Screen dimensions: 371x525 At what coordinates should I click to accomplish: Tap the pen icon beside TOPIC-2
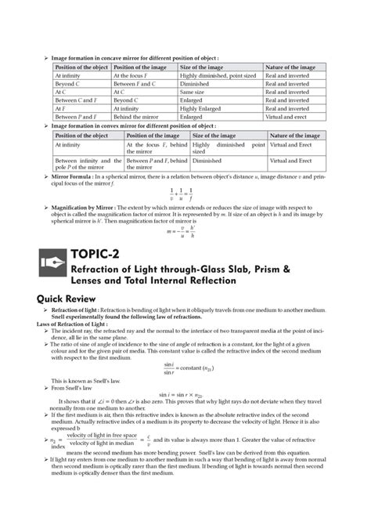[49, 263]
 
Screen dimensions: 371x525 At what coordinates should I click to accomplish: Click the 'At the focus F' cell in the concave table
[135, 75]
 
